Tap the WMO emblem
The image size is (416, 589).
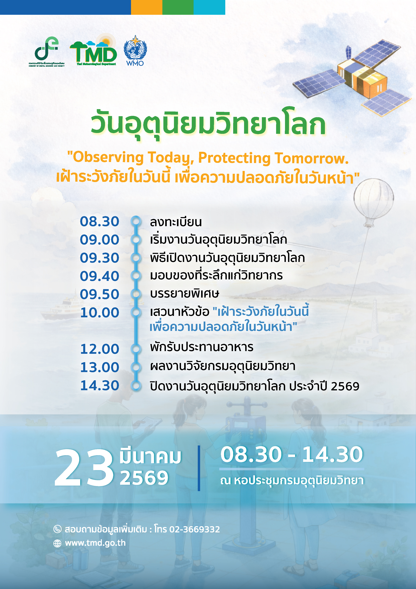click(x=135, y=51)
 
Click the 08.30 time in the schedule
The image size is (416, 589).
click(x=99, y=221)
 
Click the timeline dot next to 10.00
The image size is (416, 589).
click(x=136, y=312)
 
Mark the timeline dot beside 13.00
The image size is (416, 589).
click(x=136, y=367)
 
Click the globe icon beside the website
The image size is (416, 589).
click(x=57, y=543)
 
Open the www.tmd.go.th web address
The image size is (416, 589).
click(x=95, y=543)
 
